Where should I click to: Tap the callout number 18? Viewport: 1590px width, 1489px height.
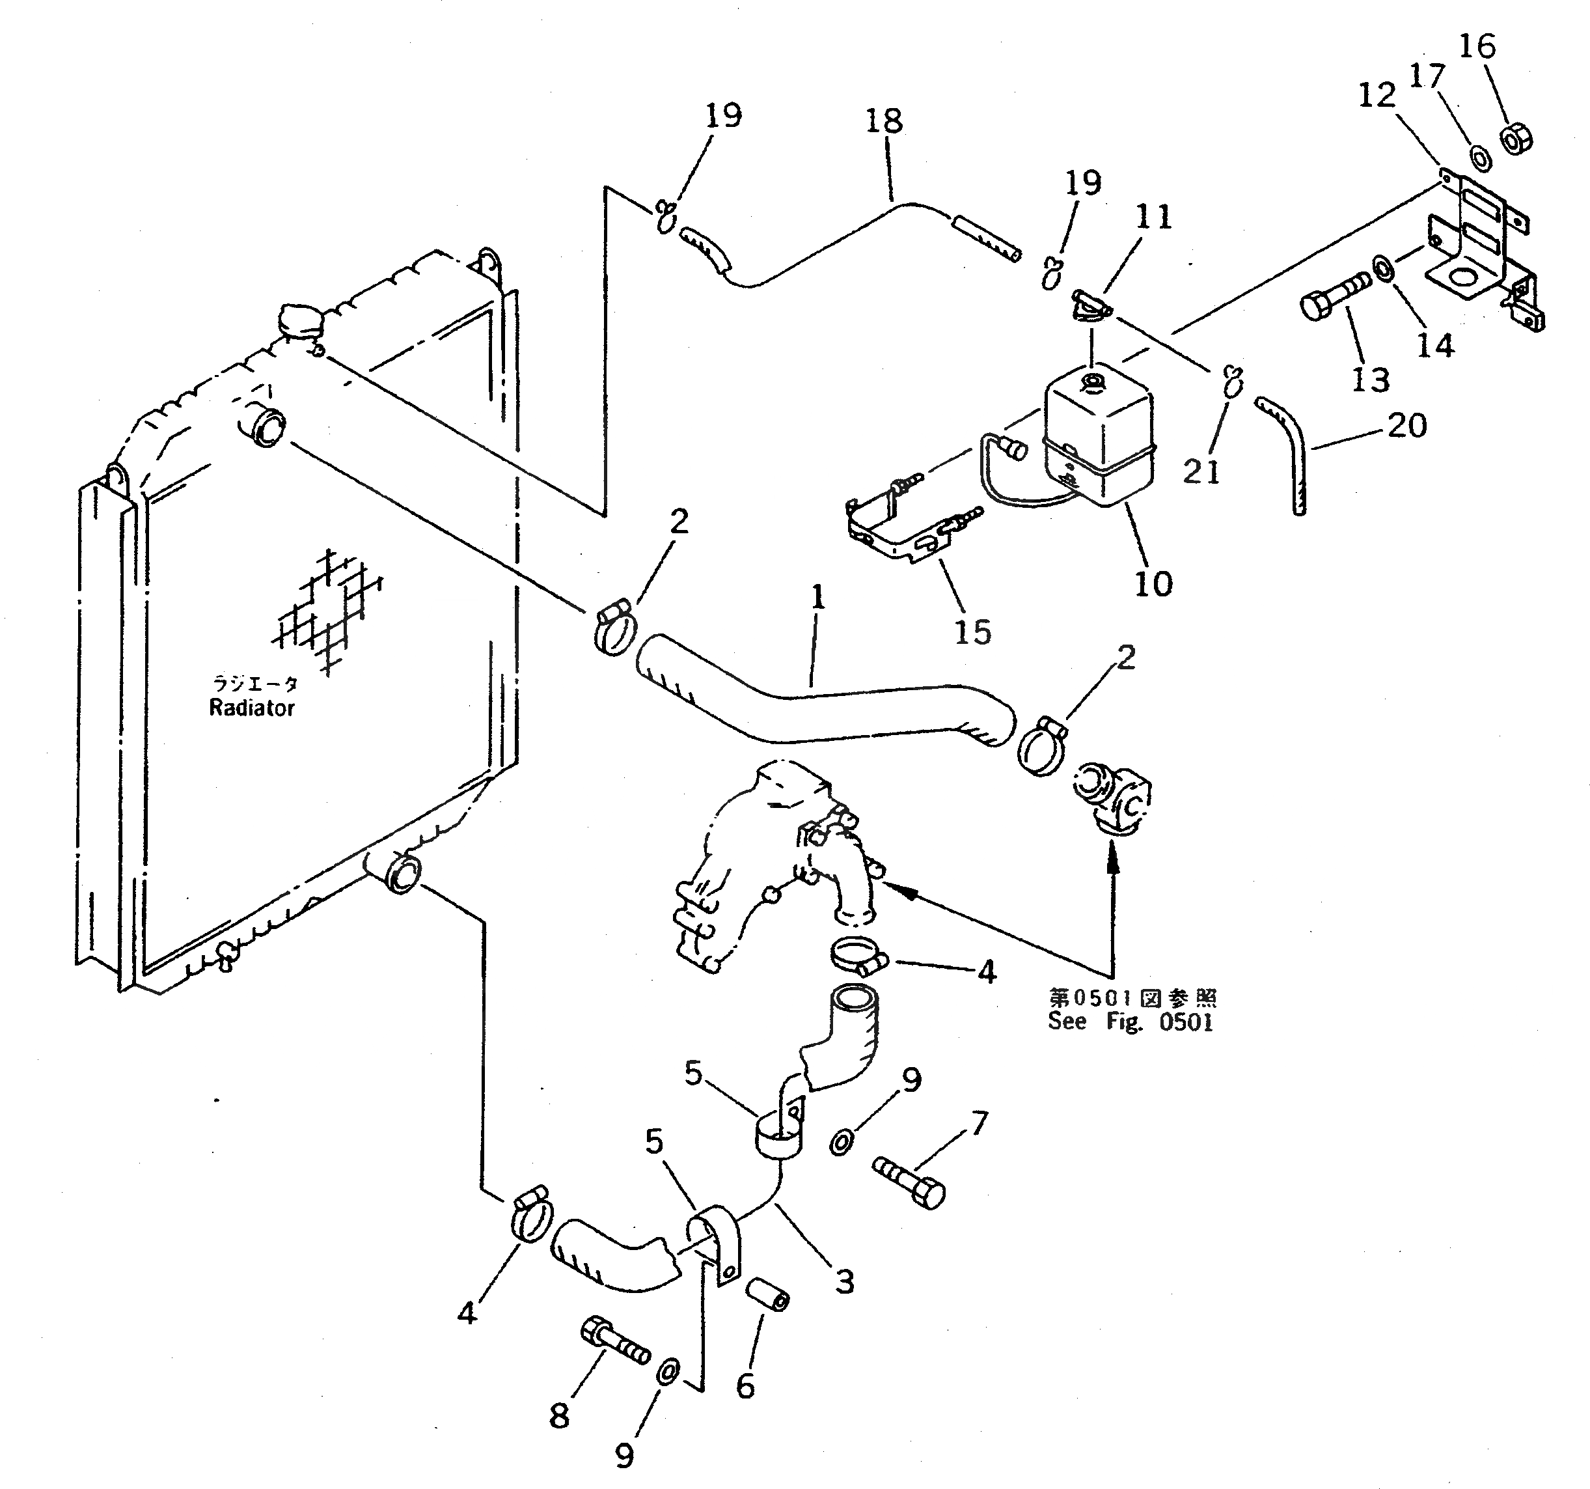coord(884,122)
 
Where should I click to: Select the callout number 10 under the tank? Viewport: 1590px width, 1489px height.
coord(1153,584)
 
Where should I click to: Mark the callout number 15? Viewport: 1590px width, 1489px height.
coord(972,632)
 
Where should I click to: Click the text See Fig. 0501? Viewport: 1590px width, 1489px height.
coord(1130,1022)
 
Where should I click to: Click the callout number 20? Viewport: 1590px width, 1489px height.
coord(1407,426)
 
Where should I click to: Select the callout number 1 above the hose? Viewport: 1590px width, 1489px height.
coord(817,598)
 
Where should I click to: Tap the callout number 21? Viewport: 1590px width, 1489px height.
coord(1201,472)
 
